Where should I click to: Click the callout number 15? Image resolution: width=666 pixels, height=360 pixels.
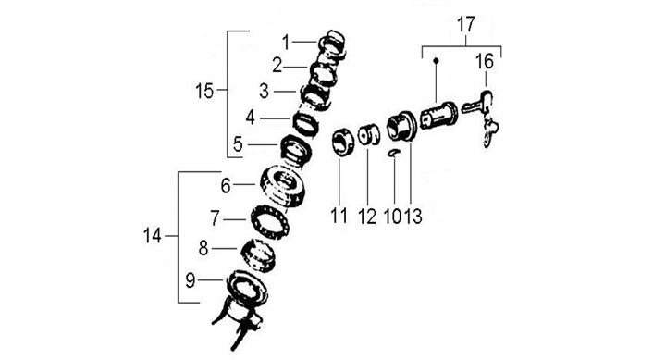pyautogui.click(x=204, y=91)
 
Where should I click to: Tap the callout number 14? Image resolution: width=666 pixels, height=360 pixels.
pyautogui.click(x=153, y=236)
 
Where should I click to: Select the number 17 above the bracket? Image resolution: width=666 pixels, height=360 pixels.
pyautogui.click(x=465, y=25)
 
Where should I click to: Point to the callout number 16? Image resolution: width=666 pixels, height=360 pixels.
pyautogui.click(x=485, y=62)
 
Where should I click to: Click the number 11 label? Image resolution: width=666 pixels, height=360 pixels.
pyautogui.click(x=339, y=216)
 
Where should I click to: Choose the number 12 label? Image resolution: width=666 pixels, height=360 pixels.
pyautogui.click(x=367, y=217)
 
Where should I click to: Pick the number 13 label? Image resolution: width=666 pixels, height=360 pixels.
pyautogui.click(x=413, y=217)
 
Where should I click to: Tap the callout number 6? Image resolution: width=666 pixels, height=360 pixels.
pyautogui.click(x=226, y=186)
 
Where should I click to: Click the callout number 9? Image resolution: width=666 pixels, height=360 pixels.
pyautogui.click(x=191, y=280)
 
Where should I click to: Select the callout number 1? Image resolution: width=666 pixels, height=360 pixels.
pyautogui.click(x=286, y=43)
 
